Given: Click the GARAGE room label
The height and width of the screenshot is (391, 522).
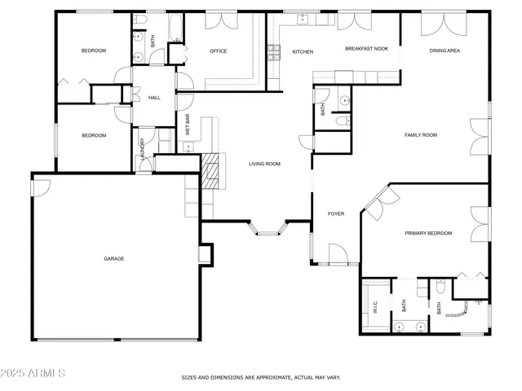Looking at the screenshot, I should click(x=113, y=258).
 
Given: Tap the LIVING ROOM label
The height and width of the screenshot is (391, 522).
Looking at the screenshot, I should click(x=264, y=164).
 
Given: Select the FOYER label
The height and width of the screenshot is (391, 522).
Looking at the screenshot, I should click(x=336, y=214).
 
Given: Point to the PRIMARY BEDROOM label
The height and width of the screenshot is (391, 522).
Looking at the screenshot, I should click(x=428, y=233).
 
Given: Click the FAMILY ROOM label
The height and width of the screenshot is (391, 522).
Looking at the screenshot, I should click(x=421, y=134).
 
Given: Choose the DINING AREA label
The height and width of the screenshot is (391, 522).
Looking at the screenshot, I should click(x=445, y=51).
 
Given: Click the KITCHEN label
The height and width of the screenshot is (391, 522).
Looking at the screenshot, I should click(x=303, y=52).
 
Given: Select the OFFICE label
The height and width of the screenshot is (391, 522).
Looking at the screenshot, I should click(x=218, y=51).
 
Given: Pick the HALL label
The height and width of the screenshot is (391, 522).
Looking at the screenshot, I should click(x=154, y=98).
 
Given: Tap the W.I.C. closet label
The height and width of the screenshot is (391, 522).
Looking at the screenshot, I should click(x=375, y=307).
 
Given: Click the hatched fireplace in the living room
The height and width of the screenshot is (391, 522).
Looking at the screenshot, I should click(x=211, y=172).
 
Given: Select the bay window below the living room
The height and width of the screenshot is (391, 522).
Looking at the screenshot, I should click(x=268, y=228).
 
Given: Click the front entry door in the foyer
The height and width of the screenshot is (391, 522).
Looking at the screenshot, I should click(x=335, y=253).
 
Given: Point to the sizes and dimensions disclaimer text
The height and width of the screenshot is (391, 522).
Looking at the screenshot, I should click(x=260, y=377).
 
